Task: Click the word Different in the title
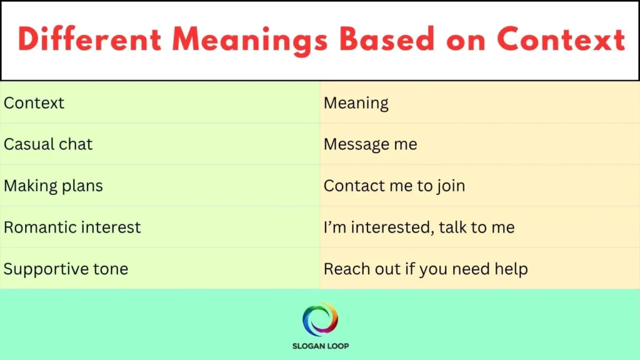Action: tap(90, 40)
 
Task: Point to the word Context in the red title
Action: tap(561, 40)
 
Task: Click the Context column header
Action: tap(34, 102)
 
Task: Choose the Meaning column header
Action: tap(356, 103)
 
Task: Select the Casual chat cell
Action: tap(48, 144)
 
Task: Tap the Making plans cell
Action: tap(53, 186)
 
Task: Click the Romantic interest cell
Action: tap(72, 227)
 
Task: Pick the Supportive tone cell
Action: tap(66, 269)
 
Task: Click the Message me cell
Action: tap(370, 144)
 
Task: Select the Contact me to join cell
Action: tap(394, 186)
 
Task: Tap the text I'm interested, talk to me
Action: tap(419, 227)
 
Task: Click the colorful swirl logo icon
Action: tap(320, 319)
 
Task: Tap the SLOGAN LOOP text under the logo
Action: tap(320, 346)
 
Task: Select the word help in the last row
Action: tap(511, 269)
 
